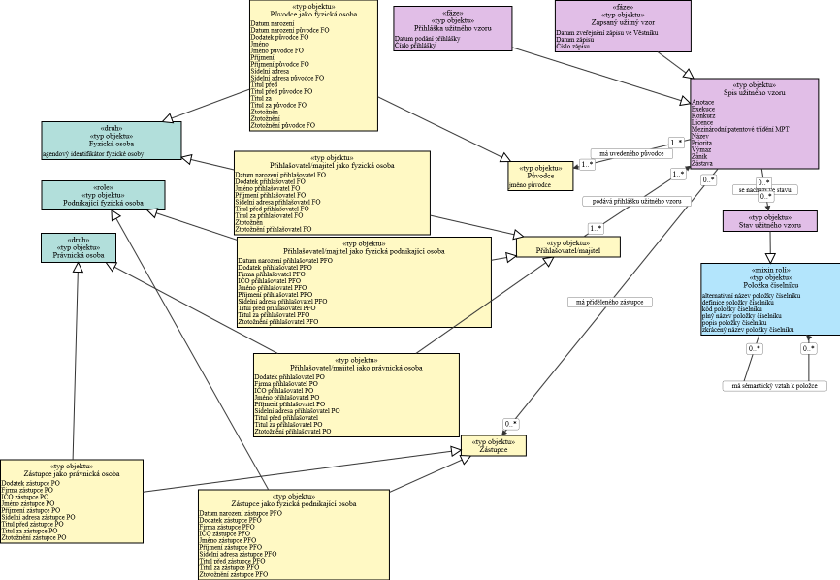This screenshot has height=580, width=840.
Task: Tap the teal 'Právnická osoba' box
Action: (x=78, y=254)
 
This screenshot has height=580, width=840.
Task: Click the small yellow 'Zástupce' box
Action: (x=493, y=445)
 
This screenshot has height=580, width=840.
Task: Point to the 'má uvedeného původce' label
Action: (x=632, y=153)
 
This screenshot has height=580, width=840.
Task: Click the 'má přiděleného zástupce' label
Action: (x=610, y=302)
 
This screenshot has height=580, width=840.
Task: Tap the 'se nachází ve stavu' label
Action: (x=764, y=190)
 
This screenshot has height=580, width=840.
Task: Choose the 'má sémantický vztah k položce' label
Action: (x=774, y=385)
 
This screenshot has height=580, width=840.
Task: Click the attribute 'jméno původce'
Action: (x=532, y=183)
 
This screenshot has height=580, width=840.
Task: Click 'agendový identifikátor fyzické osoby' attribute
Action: (x=93, y=154)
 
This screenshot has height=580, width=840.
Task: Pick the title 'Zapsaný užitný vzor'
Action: (x=623, y=22)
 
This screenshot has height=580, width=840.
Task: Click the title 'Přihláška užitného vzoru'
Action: (x=452, y=27)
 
